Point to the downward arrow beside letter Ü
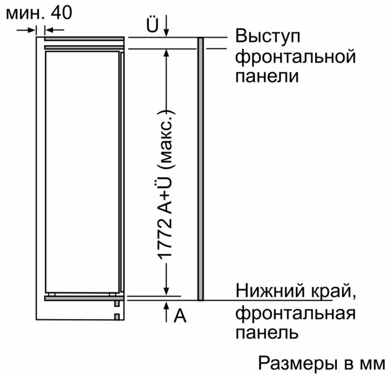click(x=167, y=26)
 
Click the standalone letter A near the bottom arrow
click(x=180, y=315)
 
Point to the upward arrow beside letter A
click(x=167, y=312)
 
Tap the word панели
click(x=267, y=76)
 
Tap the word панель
click(x=267, y=332)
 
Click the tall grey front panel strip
click(x=201, y=169)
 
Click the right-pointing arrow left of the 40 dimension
click(x=26, y=30)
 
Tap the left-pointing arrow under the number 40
click(x=55, y=30)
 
